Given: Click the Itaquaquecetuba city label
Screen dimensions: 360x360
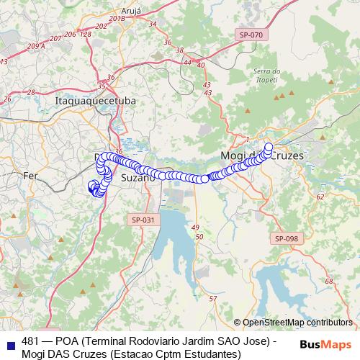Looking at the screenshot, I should coord(95,102).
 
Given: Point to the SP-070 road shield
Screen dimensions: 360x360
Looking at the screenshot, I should coord(251,34).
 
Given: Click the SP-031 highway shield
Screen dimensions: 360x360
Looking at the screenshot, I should coord(143,220).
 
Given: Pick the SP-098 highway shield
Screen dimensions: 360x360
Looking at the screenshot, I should coord(287,238).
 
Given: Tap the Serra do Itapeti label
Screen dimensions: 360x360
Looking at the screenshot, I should coord(266,75).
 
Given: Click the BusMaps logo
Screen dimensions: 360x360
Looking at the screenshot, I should coord(326,343).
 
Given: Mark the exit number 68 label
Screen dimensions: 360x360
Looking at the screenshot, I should coord(328,282).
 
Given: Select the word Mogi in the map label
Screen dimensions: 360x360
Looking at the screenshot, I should coord(232,156).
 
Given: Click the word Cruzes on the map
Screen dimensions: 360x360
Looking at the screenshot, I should coord(284,156).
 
